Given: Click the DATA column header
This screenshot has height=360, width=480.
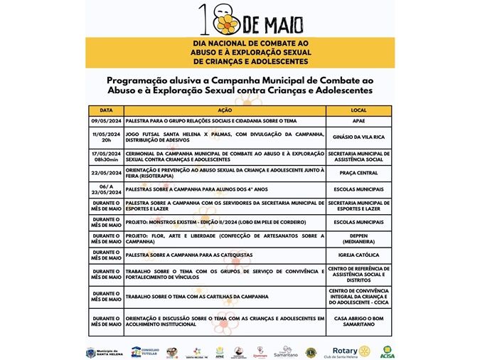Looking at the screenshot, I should (106, 111).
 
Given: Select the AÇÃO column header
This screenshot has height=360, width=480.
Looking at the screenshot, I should (225, 111).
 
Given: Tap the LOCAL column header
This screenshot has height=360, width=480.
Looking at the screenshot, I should (358, 111).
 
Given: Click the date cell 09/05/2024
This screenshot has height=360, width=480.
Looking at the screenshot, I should (106, 122).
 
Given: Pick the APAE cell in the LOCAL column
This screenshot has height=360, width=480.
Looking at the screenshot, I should (358, 122).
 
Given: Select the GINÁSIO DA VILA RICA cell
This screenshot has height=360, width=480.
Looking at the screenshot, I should (358, 136).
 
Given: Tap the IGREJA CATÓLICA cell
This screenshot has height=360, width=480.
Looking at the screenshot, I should (358, 254).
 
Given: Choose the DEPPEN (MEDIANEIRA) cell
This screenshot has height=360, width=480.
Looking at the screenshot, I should (358, 238).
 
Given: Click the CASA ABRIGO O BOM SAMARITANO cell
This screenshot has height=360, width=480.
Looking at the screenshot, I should (358, 321).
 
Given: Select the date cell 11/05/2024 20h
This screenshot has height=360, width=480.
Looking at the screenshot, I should (106, 136).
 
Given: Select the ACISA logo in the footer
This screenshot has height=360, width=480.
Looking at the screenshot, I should (388, 351).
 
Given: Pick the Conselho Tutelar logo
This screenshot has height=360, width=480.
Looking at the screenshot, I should (145, 351).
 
